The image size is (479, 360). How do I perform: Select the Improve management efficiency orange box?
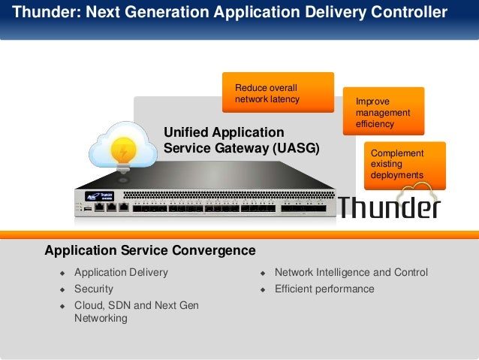383,111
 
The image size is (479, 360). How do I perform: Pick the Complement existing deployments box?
404,165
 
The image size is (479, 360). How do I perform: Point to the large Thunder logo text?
389,206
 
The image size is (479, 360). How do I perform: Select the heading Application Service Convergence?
150,250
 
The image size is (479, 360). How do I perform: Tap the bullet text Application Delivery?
121,272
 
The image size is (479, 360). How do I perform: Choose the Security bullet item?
94,289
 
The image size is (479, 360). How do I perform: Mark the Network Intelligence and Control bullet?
351,272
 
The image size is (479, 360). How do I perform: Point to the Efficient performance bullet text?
324,289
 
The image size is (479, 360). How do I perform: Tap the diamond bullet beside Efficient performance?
263,289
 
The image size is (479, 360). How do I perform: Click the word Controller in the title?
409,13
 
